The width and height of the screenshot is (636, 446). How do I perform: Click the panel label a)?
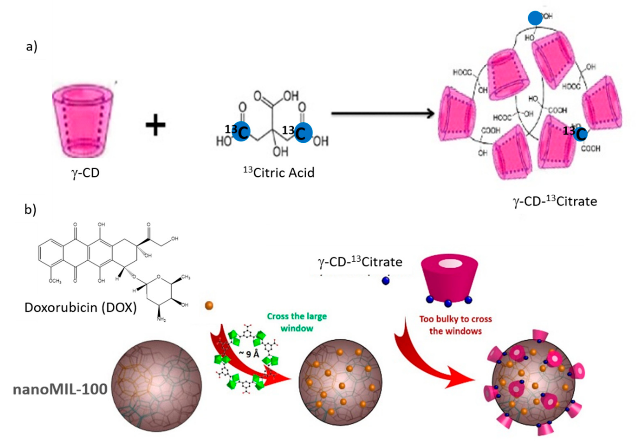tap(32, 47)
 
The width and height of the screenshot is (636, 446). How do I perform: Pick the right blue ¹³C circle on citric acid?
tap(303, 132)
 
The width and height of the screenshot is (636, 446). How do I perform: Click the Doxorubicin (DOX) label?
tap(81, 307)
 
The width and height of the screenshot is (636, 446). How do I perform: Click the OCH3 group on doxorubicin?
tap(55, 281)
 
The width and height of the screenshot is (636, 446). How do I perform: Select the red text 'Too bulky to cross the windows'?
tap(456, 325)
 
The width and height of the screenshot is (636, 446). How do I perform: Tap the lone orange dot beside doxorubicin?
tap(209, 306)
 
